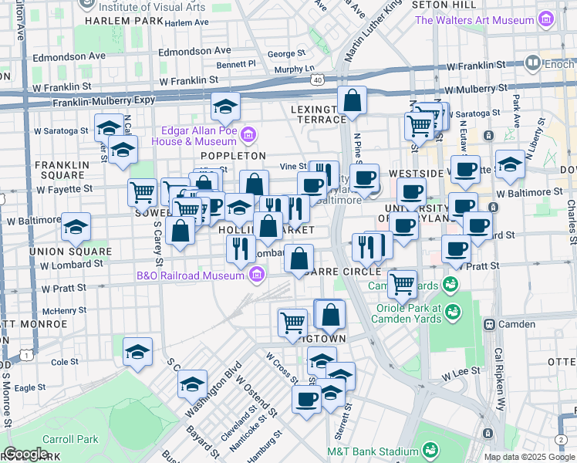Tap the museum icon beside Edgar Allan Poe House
tap(248, 136)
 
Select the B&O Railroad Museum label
tap(191, 274)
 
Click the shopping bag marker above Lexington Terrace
tap(352, 101)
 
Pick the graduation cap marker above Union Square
tap(76, 227)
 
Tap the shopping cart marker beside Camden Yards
tap(402, 284)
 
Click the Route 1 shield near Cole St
tap(28, 354)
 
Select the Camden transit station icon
tap(489, 324)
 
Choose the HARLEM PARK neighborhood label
tap(126, 21)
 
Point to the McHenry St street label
tap(64, 310)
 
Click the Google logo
tap(26, 454)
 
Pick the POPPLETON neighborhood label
tap(238, 156)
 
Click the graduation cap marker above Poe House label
tap(225, 106)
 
